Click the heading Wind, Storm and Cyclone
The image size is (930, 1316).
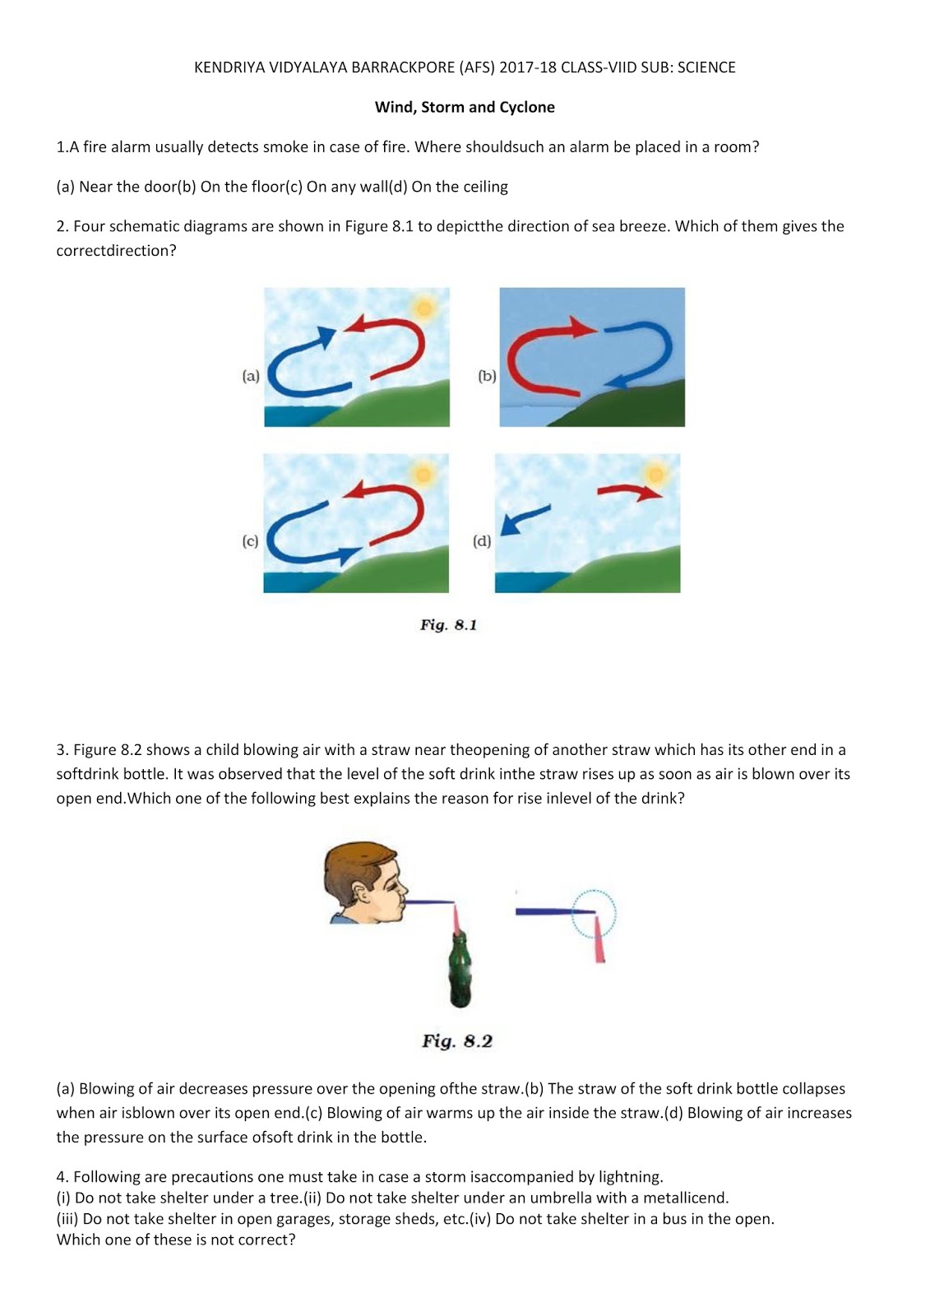click(x=465, y=108)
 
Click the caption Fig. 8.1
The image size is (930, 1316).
click(x=448, y=625)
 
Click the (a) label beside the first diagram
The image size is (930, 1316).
click(x=251, y=376)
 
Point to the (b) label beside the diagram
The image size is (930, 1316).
click(x=487, y=376)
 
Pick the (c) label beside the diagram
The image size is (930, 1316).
click(x=250, y=541)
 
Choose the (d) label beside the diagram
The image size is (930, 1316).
click(x=482, y=541)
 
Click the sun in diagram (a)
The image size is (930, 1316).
click(x=423, y=308)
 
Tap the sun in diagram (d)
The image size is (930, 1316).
click(x=655, y=474)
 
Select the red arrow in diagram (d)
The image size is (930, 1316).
click(x=629, y=492)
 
